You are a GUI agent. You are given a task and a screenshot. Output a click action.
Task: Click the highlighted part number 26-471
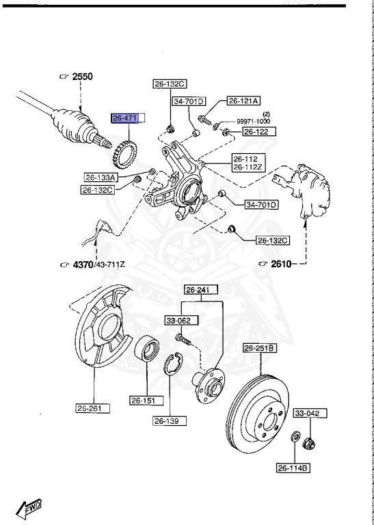126,118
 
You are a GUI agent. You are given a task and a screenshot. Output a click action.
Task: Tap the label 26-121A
243,100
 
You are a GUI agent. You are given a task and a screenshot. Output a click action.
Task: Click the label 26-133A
101,177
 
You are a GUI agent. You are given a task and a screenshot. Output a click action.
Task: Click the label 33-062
177,319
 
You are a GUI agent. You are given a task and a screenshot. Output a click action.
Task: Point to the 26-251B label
261,348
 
